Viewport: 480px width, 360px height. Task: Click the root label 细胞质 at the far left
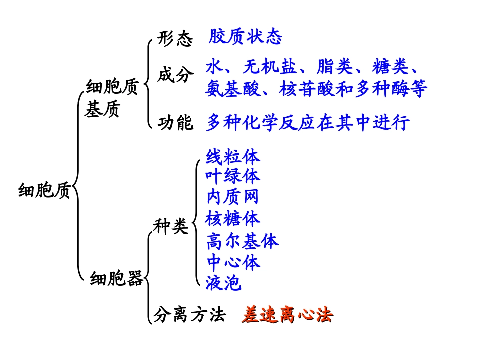pyautogui.click(x=44, y=191)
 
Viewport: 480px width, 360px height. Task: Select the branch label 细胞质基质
pyautogui.click(x=112, y=98)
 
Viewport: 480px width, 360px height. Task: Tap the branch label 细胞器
pyautogui.click(x=117, y=278)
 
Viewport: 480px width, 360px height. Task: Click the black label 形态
pyautogui.click(x=175, y=39)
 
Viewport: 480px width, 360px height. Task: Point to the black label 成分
pyautogui.click(x=175, y=75)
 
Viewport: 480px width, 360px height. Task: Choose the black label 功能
pyautogui.click(x=175, y=122)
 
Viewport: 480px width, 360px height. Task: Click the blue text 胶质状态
pyautogui.click(x=245, y=37)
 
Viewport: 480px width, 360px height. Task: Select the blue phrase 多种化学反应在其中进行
pyautogui.click(x=307, y=123)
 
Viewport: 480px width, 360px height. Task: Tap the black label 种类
pyautogui.click(x=171, y=227)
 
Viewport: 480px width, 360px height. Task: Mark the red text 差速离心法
pyautogui.click(x=287, y=315)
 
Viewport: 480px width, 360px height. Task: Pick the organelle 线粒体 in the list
pyautogui.click(x=232, y=157)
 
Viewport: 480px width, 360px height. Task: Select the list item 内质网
pyautogui.click(x=232, y=196)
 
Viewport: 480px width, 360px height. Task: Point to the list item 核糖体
pyautogui.click(x=232, y=218)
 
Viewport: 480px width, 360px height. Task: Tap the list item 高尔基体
pyautogui.click(x=242, y=241)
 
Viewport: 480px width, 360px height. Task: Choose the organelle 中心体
pyautogui.click(x=232, y=262)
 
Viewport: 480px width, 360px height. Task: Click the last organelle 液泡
pyautogui.click(x=223, y=283)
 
